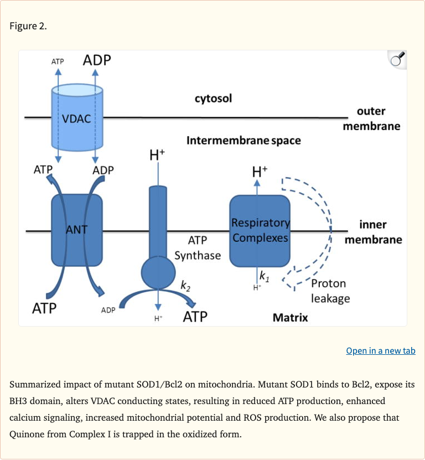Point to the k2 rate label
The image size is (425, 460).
tap(185, 286)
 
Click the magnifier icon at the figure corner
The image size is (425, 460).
tap(397, 60)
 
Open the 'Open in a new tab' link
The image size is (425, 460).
tap(380, 351)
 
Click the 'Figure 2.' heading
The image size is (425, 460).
tap(28, 27)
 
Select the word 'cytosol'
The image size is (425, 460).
tap(213, 99)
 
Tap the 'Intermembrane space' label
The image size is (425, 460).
tap(243, 140)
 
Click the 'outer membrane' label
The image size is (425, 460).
tap(371, 119)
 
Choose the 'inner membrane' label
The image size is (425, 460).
tap(373, 232)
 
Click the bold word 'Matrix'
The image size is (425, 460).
tap(290, 317)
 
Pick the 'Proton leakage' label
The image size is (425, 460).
tap(330, 291)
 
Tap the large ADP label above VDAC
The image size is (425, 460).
tap(97, 60)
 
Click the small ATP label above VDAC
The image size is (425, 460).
tap(58, 61)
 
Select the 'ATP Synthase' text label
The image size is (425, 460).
tap(198, 248)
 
